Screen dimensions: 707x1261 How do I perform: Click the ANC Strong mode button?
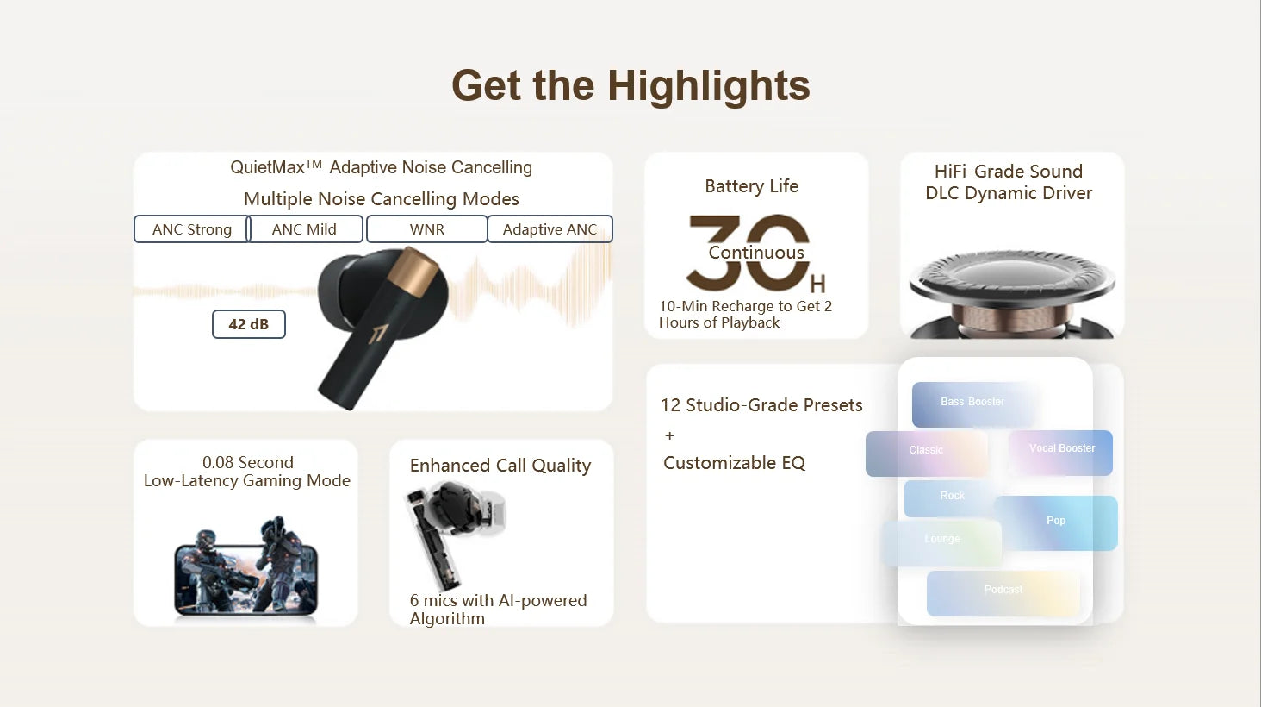(x=191, y=229)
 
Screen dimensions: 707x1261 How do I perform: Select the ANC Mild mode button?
(x=304, y=229)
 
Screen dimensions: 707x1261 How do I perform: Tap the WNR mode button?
(x=427, y=229)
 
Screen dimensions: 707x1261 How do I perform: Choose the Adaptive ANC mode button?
(x=550, y=229)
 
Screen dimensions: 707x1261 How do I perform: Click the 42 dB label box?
(x=248, y=324)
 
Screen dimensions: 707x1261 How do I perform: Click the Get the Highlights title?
(x=630, y=85)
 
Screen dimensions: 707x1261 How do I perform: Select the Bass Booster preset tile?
(x=972, y=403)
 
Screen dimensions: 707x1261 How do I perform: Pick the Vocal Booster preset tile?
(x=1061, y=451)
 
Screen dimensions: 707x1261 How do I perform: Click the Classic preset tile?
(x=926, y=452)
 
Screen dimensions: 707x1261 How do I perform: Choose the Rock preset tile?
(x=951, y=497)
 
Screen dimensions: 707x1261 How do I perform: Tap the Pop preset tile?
(x=1057, y=522)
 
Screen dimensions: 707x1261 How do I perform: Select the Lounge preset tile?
(x=941, y=541)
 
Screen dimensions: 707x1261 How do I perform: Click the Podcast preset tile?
(x=1003, y=592)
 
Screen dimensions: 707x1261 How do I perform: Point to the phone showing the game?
(x=246, y=573)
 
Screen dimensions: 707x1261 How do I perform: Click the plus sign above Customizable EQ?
(x=670, y=435)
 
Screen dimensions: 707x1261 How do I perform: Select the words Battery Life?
(x=751, y=186)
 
